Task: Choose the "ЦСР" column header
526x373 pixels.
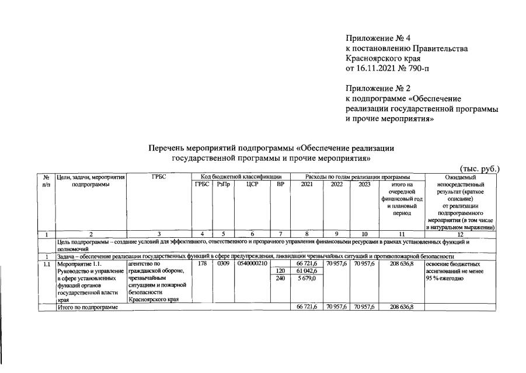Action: (252, 184)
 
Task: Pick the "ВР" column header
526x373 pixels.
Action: (280, 184)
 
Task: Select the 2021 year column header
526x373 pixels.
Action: (306, 184)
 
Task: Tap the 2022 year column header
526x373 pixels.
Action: (337, 184)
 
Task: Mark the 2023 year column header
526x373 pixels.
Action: (363, 184)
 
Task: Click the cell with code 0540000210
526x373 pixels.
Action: (252, 263)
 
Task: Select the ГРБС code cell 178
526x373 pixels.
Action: (202, 263)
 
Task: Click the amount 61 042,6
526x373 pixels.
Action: (306, 271)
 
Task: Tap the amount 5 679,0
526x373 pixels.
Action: (306, 279)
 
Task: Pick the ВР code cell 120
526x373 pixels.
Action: (280, 271)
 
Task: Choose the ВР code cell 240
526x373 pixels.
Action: (280, 279)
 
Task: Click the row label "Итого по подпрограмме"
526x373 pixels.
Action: (88, 307)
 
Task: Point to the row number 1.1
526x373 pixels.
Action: (46, 263)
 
